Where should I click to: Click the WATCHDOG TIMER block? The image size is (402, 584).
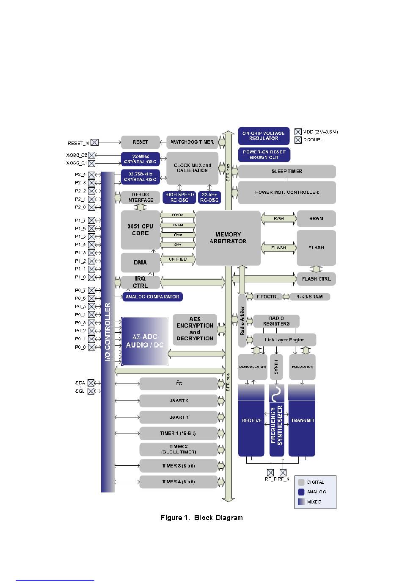point(192,142)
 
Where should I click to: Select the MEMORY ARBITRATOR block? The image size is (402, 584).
point(228,238)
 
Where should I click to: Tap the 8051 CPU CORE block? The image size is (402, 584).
point(140,230)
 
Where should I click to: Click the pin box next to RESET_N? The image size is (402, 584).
point(95,143)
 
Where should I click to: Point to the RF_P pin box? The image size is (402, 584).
point(270,472)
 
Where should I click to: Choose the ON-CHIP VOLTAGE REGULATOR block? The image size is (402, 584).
point(264,136)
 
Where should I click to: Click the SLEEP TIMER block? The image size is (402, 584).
point(287,172)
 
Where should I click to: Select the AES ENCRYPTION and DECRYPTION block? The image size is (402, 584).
point(195,329)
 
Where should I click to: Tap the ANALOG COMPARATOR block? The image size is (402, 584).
point(152,297)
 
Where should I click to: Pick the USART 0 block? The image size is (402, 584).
point(179,400)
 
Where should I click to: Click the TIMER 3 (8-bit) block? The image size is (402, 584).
point(179,466)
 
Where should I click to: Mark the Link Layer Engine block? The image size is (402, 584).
point(284,340)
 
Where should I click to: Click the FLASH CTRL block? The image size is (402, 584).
point(316,279)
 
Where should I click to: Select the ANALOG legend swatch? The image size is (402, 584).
point(301,492)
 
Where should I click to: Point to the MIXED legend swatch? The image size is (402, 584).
point(301,502)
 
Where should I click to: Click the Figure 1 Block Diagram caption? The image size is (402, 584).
point(201,517)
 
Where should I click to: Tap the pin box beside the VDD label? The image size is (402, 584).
point(298,132)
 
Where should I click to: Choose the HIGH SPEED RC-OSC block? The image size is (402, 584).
point(179,197)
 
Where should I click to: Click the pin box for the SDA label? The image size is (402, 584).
point(91,383)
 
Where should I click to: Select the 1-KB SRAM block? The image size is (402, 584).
point(310,297)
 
